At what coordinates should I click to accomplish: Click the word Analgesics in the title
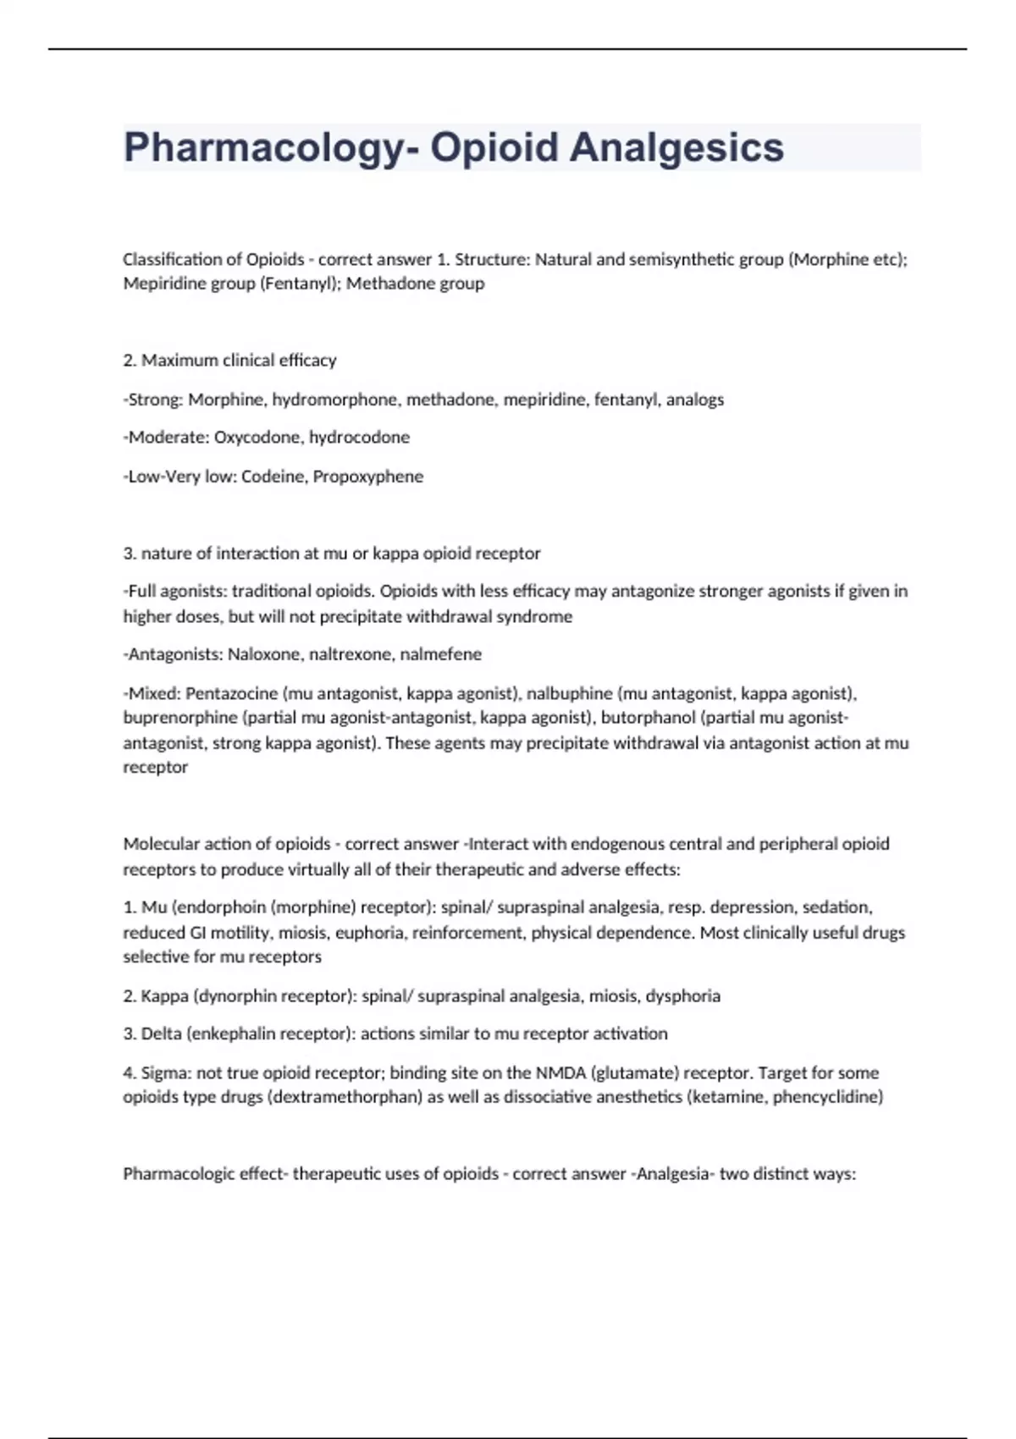coord(676,147)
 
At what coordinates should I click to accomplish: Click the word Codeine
coord(273,477)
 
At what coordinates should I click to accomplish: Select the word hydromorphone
coord(334,400)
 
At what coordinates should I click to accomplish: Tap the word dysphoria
coord(682,996)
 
